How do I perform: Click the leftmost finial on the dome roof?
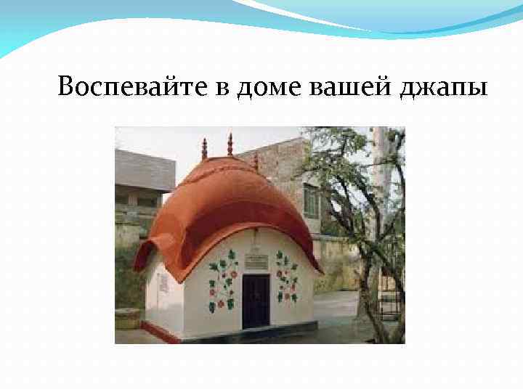204,148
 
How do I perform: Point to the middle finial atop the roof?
230,144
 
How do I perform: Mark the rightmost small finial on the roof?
256,162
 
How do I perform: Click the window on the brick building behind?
311,200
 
